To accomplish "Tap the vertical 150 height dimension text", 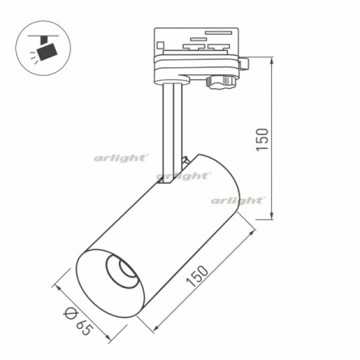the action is point(262,139).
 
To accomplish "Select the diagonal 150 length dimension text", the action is point(197,276).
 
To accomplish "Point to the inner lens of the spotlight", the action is point(127,269).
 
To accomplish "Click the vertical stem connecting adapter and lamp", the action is point(172,129).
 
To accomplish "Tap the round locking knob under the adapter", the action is point(222,82).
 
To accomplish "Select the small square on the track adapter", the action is point(161,44).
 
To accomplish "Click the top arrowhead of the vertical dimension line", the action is point(272,61).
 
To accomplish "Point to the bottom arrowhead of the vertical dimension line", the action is point(272,215).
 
